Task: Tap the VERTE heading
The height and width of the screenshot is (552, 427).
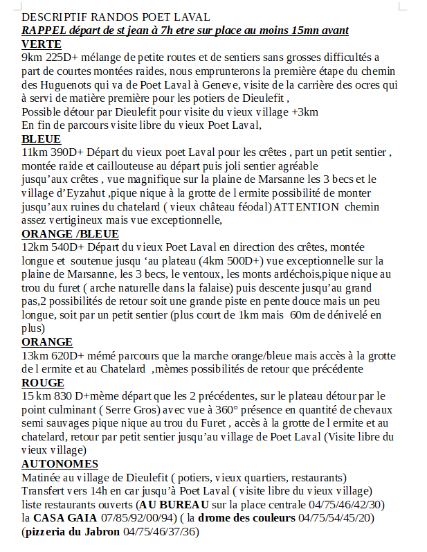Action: tap(42, 44)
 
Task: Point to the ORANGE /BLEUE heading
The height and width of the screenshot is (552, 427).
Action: tap(70, 233)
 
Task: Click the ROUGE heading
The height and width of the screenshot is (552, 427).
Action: tap(43, 382)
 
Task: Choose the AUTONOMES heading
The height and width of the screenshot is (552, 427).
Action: tap(60, 463)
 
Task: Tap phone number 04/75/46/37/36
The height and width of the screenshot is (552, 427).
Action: tap(161, 531)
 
